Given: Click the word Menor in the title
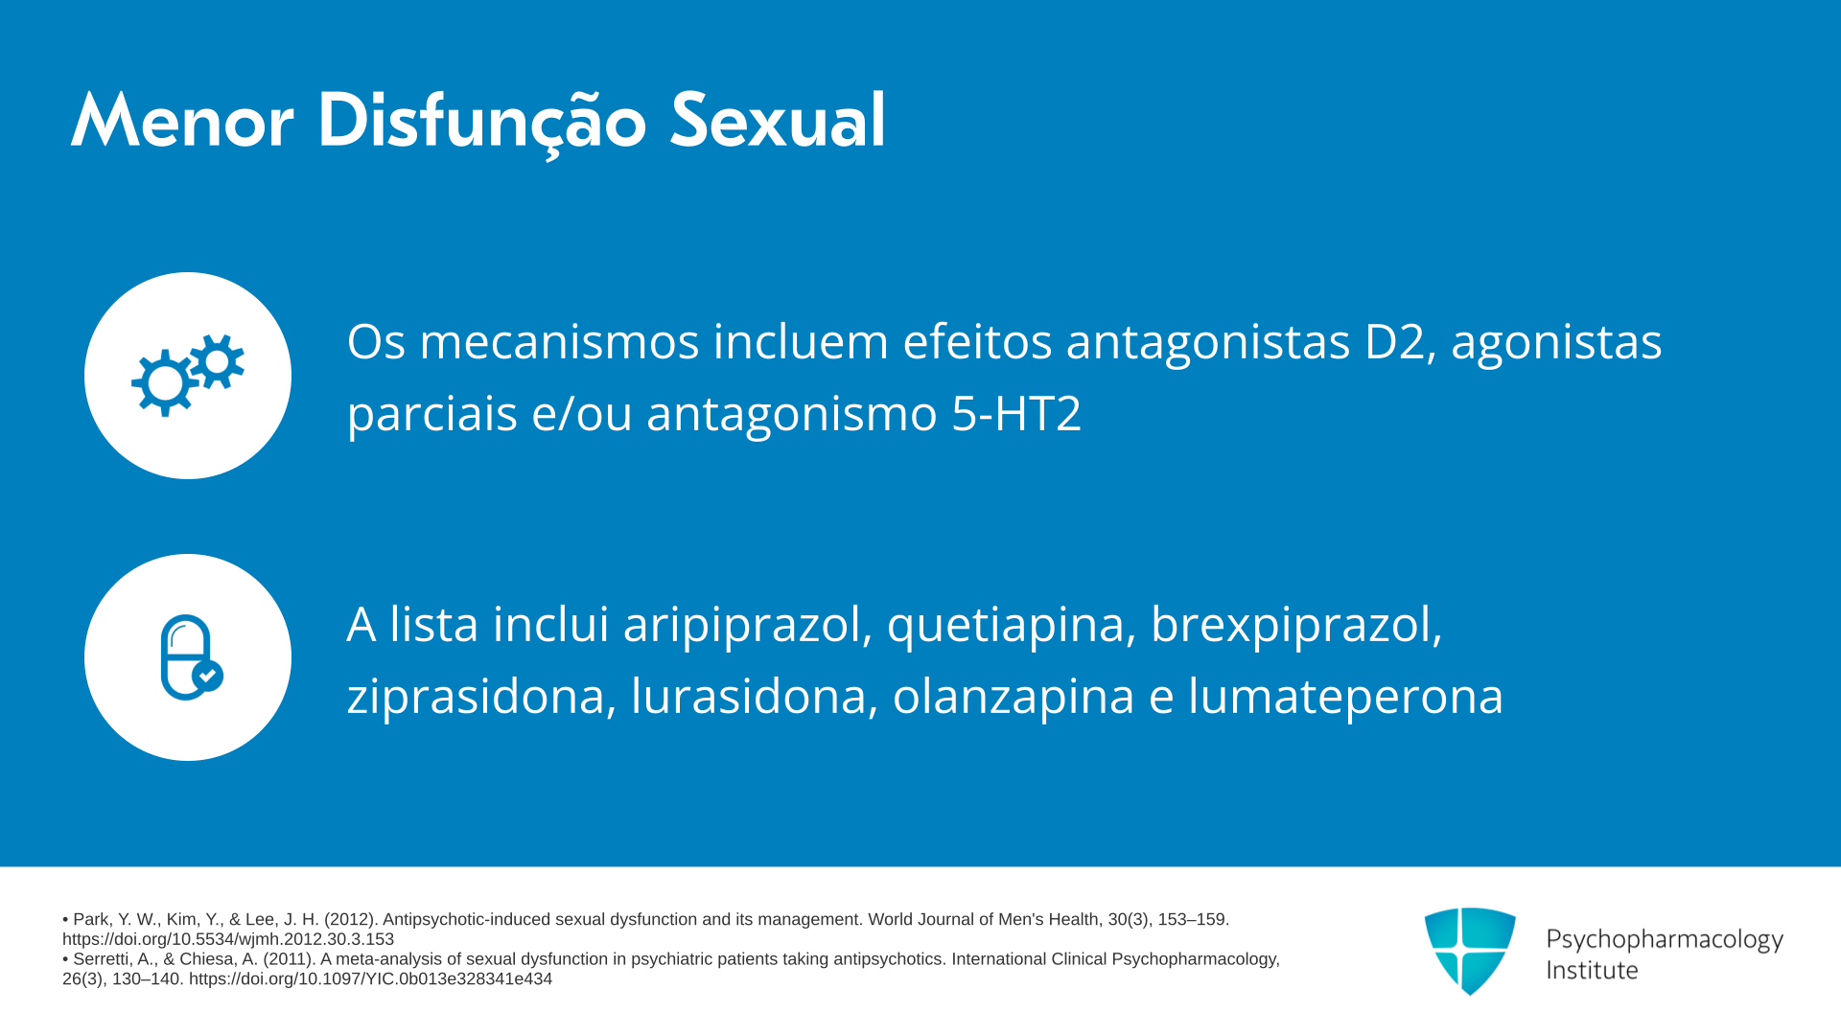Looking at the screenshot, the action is point(182,121).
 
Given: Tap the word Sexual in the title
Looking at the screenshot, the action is point(778,121).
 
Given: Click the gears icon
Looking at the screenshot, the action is point(188,375).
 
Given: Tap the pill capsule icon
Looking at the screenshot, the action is point(191,657).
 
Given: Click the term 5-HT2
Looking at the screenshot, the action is point(1016,414).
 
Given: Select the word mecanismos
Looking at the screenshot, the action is point(559,342).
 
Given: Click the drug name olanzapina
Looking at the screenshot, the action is point(1014,697).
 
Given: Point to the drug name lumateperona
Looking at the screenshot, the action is point(1345,697).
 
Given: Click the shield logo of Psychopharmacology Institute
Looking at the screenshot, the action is point(1470,951).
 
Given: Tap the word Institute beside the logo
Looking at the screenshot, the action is point(1592,971).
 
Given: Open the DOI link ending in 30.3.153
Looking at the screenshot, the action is point(228,939).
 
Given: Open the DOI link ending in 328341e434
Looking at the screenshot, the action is point(370,979).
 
